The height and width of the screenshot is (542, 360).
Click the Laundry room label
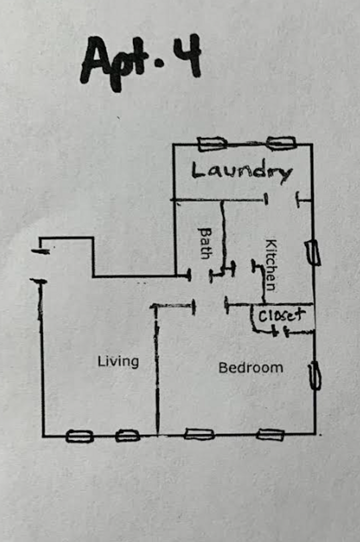tap(242, 171)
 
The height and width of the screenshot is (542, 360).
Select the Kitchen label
tap(271, 265)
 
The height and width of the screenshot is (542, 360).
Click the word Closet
tap(282, 315)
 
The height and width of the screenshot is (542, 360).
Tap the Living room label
tap(118, 361)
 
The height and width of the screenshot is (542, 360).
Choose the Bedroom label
tap(251, 367)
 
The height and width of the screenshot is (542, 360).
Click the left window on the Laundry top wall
tap(212, 144)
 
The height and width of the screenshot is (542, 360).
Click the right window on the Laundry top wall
tap(282, 144)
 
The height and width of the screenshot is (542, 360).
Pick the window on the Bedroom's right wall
tap(315, 376)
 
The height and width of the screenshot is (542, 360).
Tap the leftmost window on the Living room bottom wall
tap(79, 436)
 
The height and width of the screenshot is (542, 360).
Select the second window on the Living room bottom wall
tap(128, 436)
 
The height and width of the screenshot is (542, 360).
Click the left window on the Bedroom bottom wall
tap(199, 434)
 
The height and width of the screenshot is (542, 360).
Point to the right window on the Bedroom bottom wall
tap(271, 435)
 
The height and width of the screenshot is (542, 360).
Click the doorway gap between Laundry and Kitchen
tap(282, 200)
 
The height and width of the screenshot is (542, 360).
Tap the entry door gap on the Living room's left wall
tap(40, 266)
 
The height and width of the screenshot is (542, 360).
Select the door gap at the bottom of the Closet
tap(281, 333)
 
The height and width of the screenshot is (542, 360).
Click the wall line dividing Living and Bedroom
tap(157, 370)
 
